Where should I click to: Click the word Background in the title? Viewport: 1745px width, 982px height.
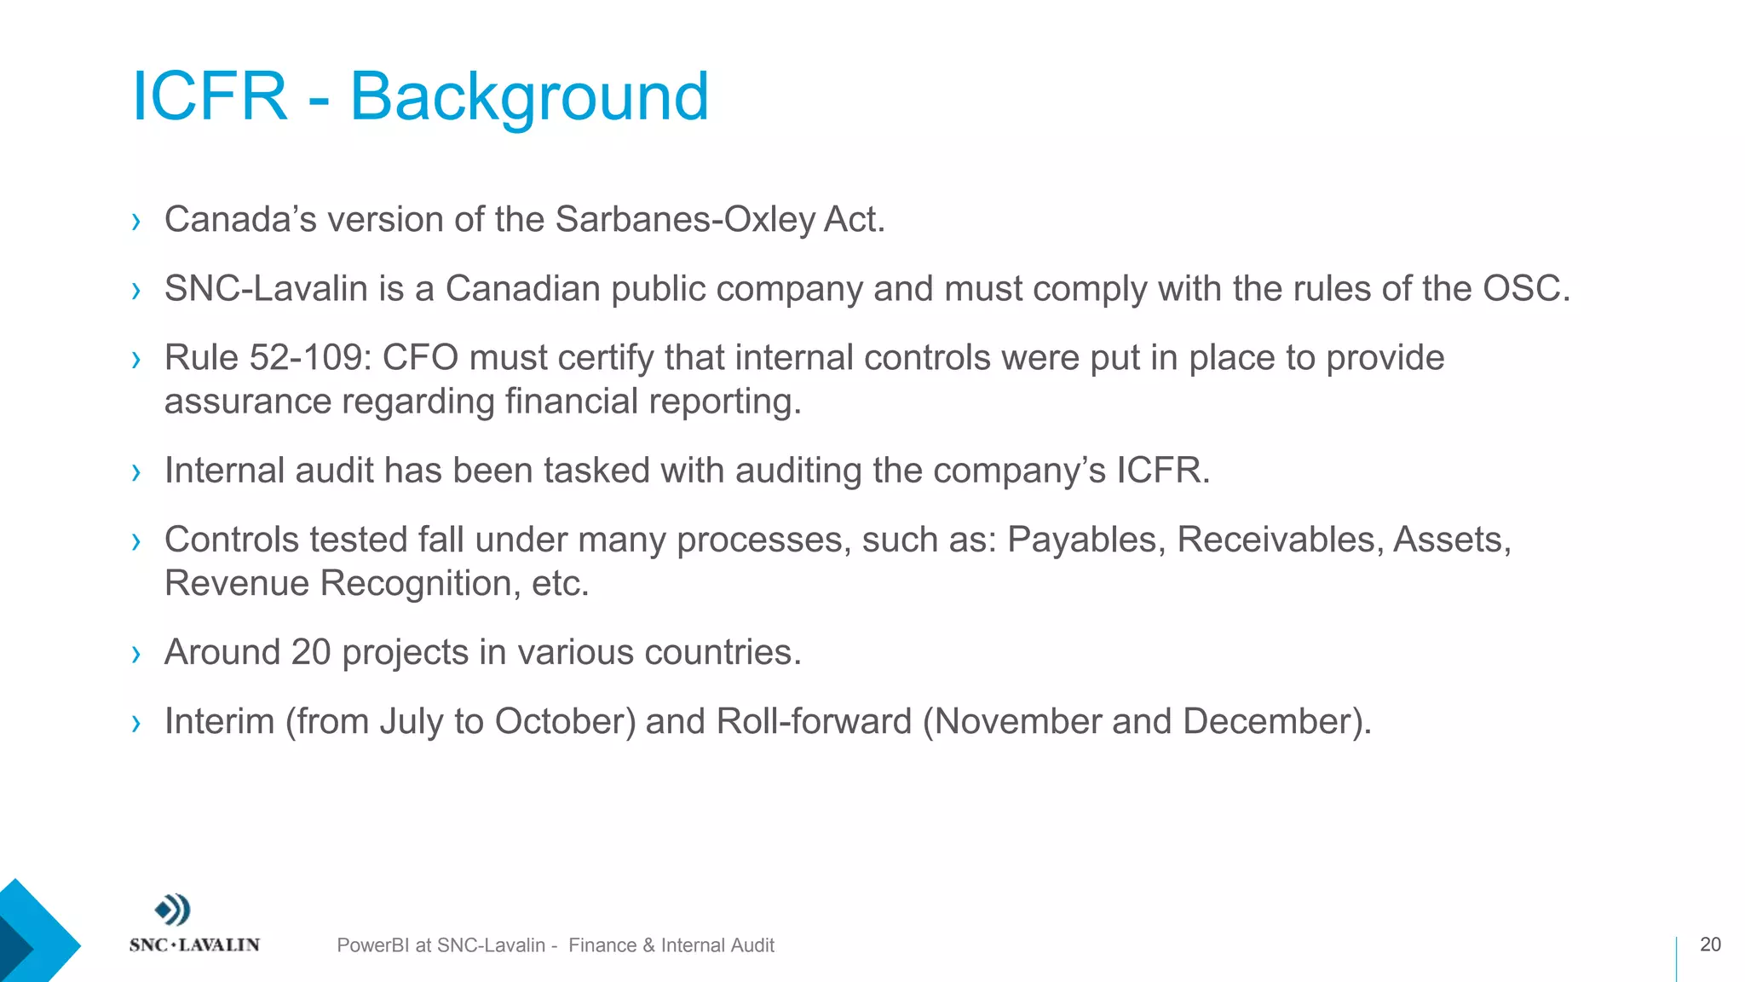pyautogui.click(x=529, y=97)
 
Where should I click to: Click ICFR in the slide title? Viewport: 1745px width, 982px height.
pyautogui.click(x=210, y=97)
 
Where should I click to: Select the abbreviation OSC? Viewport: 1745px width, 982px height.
pyautogui.click(x=1522, y=289)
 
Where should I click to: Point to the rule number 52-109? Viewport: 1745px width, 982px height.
pyautogui.click(x=310, y=358)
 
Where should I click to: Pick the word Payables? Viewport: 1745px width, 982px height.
pyautogui.click(x=1081, y=540)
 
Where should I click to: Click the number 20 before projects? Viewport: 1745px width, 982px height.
pyautogui.click(x=310, y=653)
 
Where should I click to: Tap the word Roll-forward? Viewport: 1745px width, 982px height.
pyautogui.click(x=814, y=722)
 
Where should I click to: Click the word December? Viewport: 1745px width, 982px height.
pyautogui.click(x=1272, y=722)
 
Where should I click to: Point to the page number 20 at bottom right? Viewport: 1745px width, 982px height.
pyautogui.click(x=1710, y=944)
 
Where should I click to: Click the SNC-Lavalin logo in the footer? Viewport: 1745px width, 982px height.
pyautogui.click(x=193, y=924)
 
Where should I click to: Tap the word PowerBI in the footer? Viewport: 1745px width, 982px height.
pyautogui.click(x=372, y=945)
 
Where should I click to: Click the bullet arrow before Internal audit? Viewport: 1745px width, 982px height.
pyautogui.click(x=136, y=472)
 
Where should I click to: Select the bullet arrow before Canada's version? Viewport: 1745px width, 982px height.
pyautogui.click(x=136, y=222)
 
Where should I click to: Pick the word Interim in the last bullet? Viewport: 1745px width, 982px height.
pyautogui.click(x=219, y=722)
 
